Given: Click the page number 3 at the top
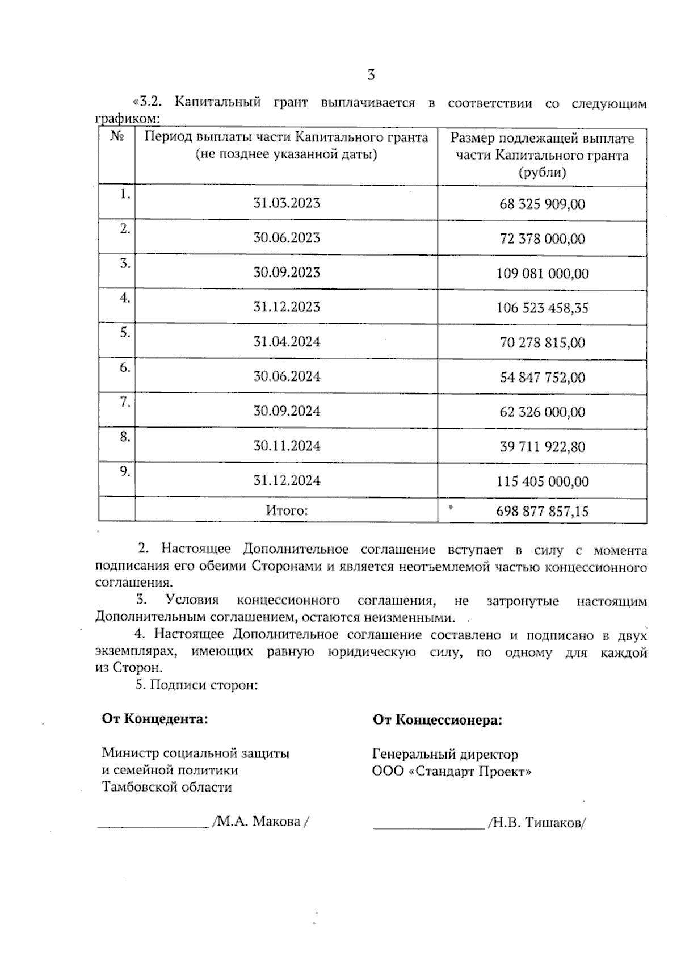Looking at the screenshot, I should (371, 75).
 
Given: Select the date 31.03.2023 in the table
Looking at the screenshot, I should (287, 203).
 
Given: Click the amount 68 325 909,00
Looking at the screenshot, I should (542, 204).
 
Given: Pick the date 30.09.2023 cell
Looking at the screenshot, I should (287, 273).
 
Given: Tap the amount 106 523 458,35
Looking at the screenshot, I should (542, 308).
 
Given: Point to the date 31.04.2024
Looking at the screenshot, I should (287, 342).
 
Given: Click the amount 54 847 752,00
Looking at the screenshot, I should (542, 378).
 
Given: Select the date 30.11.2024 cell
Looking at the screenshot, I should (287, 446).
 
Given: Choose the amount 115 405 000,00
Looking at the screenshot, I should (542, 481).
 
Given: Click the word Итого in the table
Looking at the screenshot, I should (287, 510).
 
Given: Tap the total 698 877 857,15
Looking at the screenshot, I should (542, 512).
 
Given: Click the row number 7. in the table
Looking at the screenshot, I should (125, 403).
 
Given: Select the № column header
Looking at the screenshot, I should (117, 137).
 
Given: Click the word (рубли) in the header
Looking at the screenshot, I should (542, 173).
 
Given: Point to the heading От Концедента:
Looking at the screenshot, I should (155, 719).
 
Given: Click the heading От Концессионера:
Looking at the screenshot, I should (437, 721).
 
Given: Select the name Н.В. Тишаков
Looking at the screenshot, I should (536, 823).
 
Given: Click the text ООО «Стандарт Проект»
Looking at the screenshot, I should (452, 772).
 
